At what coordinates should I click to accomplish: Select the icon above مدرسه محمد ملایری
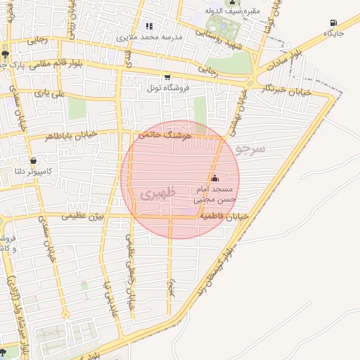[x=148, y=26]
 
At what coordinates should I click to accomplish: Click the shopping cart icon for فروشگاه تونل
[x=167, y=77]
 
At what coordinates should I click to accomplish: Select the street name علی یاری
[x=51, y=93]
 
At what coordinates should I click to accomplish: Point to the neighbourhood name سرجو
[x=250, y=149]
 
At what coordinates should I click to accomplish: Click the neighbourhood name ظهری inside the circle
[x=152, y=192]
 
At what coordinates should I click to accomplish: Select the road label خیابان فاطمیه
[x=224, y=218]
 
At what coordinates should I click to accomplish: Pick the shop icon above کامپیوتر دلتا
[x=33, y=161]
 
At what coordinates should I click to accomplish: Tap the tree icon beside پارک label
[x=5, y=53]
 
